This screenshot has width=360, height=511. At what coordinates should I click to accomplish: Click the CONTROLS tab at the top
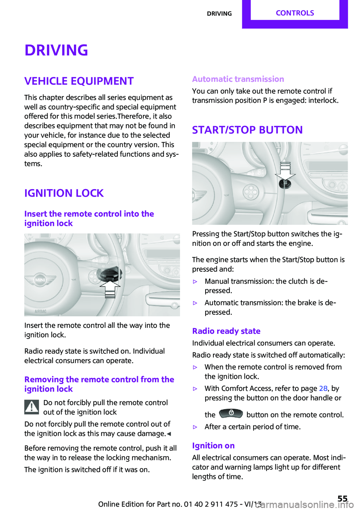(295, 13)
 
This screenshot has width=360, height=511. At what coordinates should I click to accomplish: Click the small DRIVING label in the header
(219, 14)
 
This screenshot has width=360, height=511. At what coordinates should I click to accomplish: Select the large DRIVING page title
(56, 50)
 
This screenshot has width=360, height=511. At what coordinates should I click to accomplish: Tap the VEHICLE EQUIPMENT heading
(79, 81)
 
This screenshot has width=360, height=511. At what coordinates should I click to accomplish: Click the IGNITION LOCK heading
(64, 193)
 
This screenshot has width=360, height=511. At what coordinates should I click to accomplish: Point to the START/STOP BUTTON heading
(247, 130)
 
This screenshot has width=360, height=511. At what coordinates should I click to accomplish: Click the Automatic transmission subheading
(238, 79)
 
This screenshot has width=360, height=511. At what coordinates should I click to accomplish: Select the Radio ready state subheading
(226, 331)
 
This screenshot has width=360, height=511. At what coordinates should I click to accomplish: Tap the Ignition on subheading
(213, 446)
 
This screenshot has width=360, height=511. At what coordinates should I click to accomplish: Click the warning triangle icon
(32, 407)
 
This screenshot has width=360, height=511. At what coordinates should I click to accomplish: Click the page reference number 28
(323, 388)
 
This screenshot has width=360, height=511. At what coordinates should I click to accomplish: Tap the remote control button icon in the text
(231, 413)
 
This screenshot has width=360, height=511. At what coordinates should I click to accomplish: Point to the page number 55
(342, 498)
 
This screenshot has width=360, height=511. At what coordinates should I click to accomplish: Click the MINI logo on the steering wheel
(40, 280)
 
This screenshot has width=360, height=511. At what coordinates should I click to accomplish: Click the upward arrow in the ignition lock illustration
(110, 289)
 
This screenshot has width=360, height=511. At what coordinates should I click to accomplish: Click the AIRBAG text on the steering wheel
(40, 311)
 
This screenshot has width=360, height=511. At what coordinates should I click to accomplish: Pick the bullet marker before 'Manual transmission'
(195, 281)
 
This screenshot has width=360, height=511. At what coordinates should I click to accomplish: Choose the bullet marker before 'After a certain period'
(195, 427)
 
